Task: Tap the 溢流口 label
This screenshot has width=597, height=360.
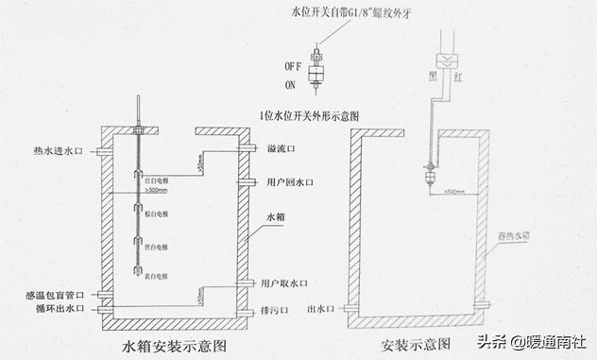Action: [x=280, y=149]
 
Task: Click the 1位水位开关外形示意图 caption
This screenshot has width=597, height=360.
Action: [x=311, y=115]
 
